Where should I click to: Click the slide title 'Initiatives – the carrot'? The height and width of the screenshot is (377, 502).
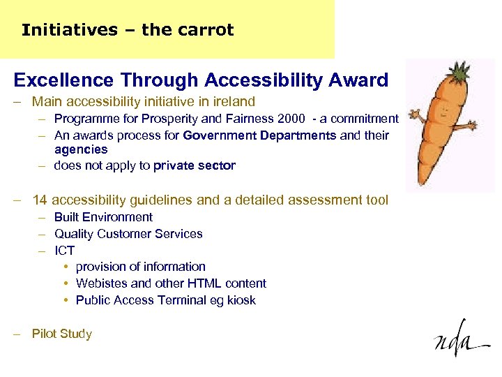tap(128, 30)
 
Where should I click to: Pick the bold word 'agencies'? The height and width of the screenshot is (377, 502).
tap(81, 149)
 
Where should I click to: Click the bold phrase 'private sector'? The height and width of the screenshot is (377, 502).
tap(195, 166)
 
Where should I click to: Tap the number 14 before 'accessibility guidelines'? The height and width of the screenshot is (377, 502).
tap(40, 200)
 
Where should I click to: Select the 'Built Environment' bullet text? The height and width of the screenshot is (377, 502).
tap(103, 217)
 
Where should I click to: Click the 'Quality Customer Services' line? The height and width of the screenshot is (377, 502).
tap(128, 234)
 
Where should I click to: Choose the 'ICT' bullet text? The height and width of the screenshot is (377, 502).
tap(64, 251)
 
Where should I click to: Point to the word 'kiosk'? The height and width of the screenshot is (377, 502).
tap(241, 300)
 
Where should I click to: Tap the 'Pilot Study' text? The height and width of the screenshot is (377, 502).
tap(61, 334)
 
